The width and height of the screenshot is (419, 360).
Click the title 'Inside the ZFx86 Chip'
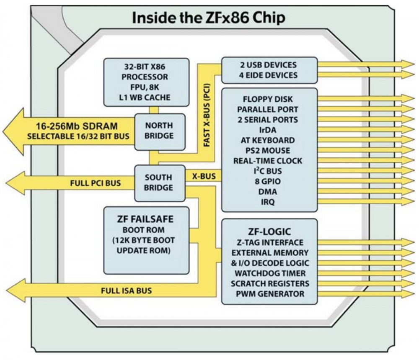pos(209,18)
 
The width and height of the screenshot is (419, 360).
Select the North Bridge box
pos(159,131)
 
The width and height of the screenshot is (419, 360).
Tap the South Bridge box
pos(159,183)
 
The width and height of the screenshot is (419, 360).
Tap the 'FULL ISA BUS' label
pos(126,290)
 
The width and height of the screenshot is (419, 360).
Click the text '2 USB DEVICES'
pos(269,65)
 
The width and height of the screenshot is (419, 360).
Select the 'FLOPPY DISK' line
pos(268,99)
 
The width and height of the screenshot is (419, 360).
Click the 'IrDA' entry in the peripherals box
pos(269,130)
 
